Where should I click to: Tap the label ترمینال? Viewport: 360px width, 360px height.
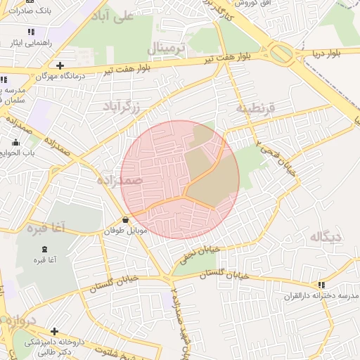click(166, 49)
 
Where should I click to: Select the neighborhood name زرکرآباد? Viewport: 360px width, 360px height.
click(122, 106)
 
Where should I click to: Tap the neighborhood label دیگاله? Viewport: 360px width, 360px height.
click(325, 237)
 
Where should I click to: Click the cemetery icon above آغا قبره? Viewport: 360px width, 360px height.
click(45, 249)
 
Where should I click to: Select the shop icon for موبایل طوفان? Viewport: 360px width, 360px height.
click(125, 220)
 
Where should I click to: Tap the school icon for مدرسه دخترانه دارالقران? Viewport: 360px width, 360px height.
click(321, 285)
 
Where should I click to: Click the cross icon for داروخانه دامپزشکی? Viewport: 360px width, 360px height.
click(55, 330)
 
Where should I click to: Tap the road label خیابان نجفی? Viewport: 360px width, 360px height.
click(200, 250)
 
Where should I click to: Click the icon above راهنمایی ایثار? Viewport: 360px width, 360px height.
click(30, 32)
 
